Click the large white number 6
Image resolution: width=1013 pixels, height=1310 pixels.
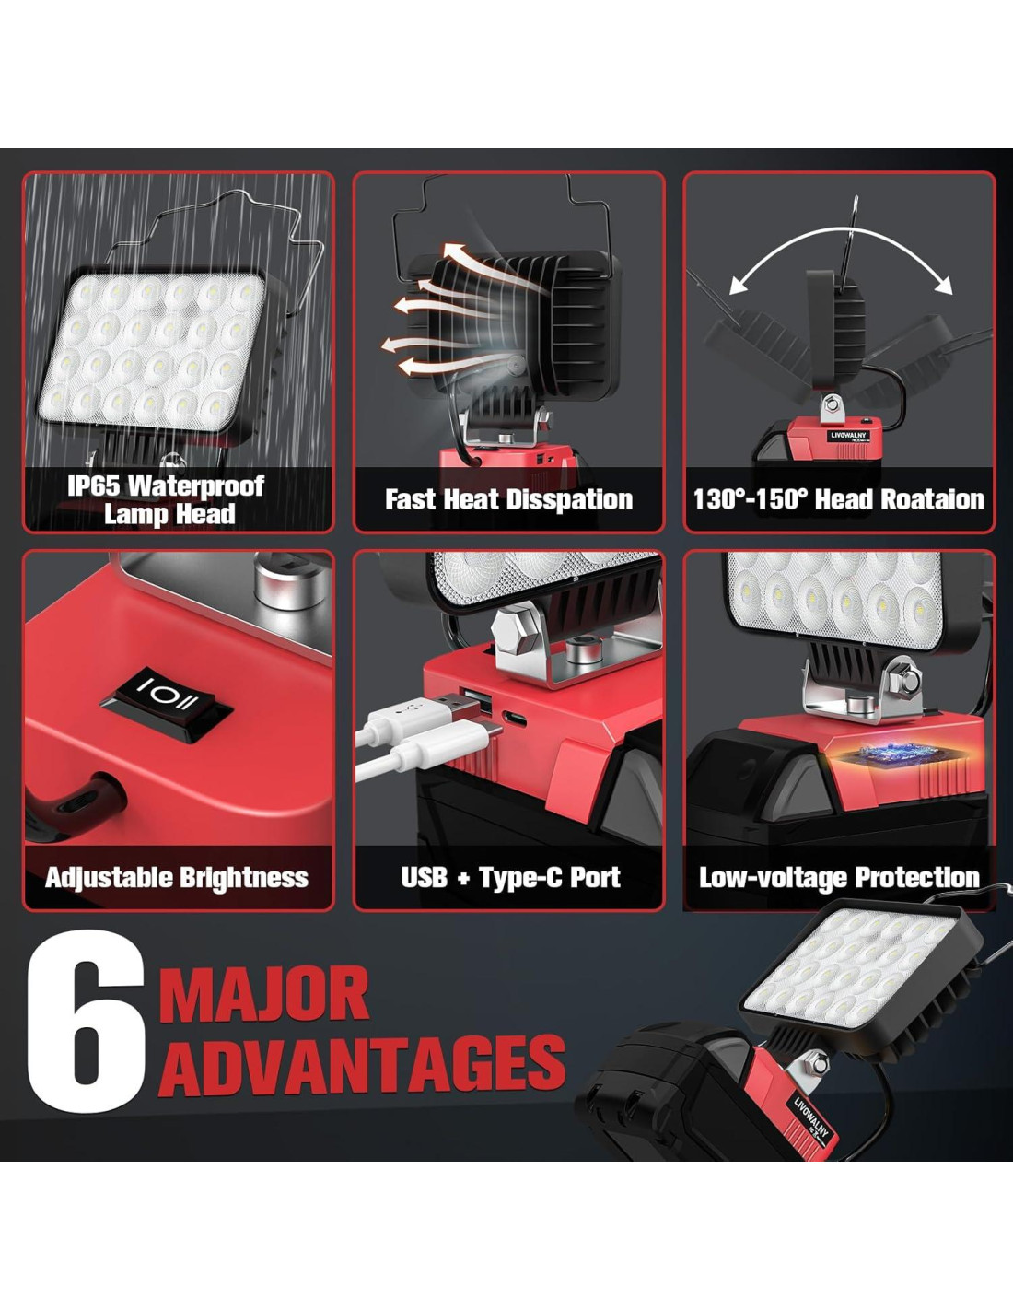(x=87, y=1022)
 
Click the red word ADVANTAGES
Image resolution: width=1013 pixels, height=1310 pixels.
(x=362, y=1065)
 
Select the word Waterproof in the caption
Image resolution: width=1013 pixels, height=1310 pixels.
(x=196, y=485)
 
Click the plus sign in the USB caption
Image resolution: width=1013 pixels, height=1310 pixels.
(x=463, y=879)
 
